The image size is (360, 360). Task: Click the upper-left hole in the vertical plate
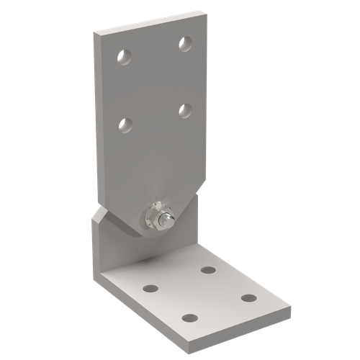pyautogui.click(x=123, y=55)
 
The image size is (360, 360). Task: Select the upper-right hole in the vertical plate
pyautogui.click(x=185, y=43)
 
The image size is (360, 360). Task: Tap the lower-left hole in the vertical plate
pyautogui.click(x=125, y=125)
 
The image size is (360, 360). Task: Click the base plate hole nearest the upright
pyautogui.click(x=209, y=270)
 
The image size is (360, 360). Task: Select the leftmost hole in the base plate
pyautogui.click(x=150, y=289)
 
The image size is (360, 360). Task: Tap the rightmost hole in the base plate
pyautogui.click(x=248, y=297)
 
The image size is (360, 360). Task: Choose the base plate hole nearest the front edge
pyautogui.click(x=190, y=318)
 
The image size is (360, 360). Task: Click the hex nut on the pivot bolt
pyautogui.click(x=155, y=216)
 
